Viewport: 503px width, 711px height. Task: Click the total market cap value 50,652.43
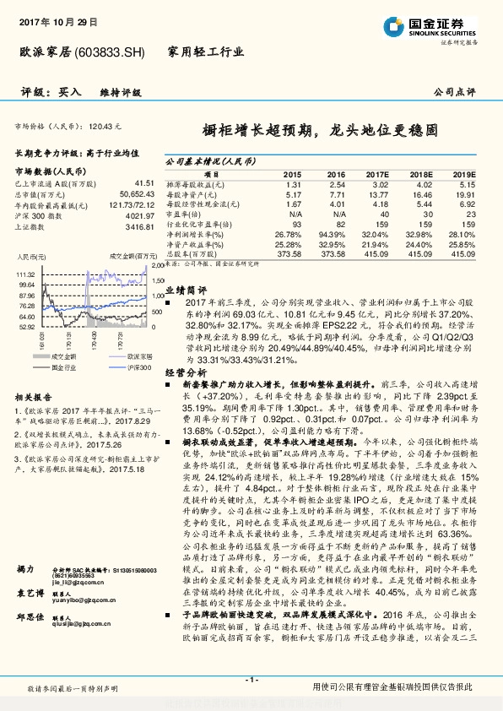tap(135, 193)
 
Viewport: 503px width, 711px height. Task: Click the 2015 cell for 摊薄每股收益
tap(294, 184)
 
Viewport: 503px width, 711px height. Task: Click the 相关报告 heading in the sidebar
tap(34, 396)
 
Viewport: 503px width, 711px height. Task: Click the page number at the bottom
tap(251, 679)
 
